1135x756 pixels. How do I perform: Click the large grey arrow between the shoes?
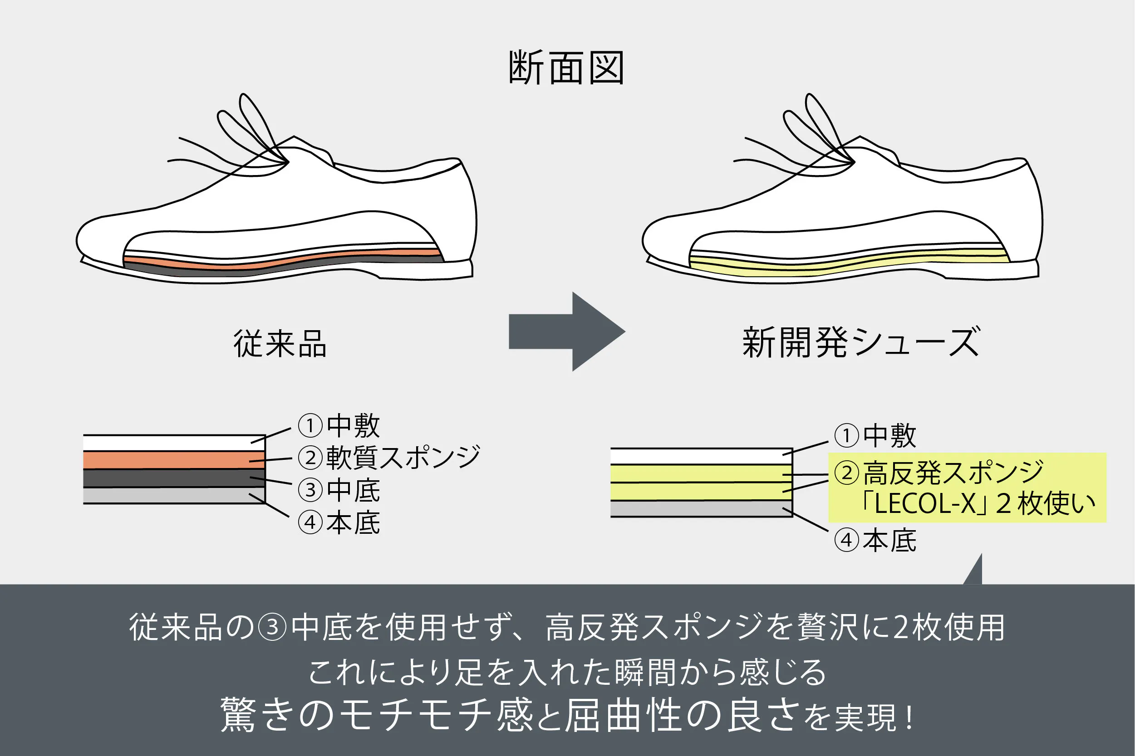(x=567, y=331)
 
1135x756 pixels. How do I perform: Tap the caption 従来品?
(x=280, y=344)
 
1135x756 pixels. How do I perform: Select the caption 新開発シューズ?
(x=861, y=342)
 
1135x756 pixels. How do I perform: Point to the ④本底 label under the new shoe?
(x=875, y=541)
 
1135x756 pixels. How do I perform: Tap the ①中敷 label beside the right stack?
(x=875, y=435)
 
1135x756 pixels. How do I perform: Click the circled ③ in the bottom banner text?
(x=273, y=627)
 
